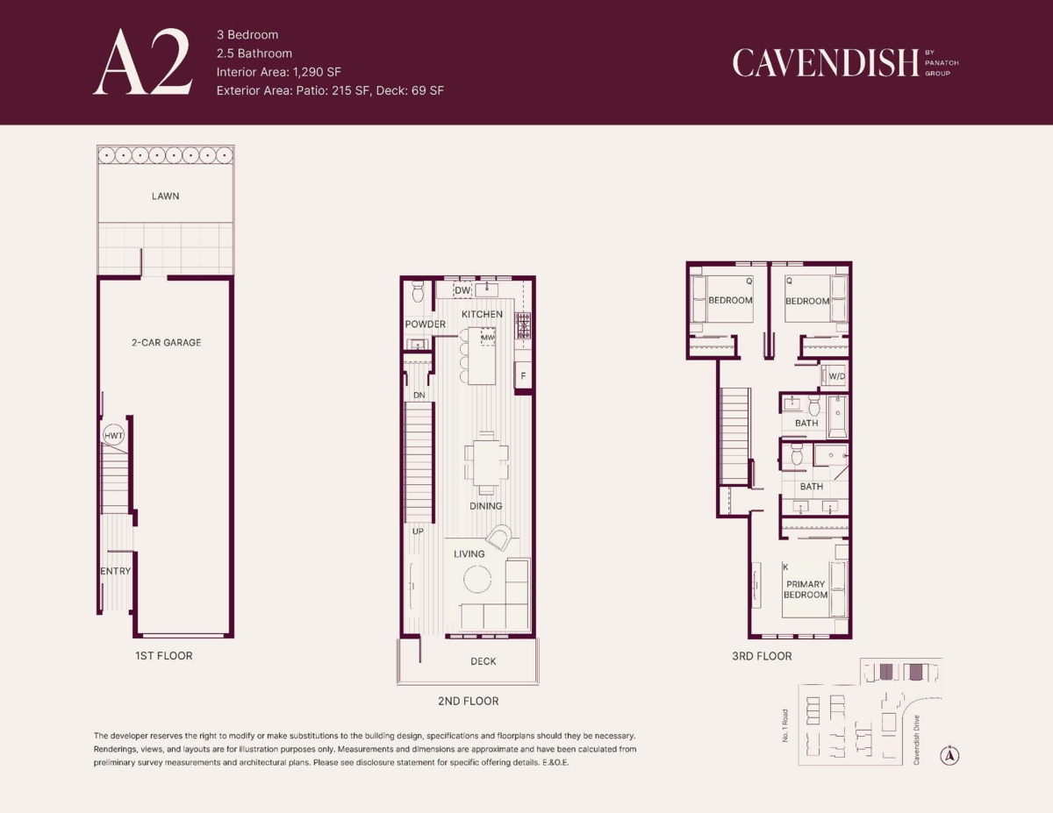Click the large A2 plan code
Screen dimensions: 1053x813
pos(143,62)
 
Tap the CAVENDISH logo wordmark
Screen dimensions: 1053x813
pos(825,63)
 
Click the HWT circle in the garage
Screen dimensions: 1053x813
pos(113,435)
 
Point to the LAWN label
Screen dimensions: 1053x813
pos(165,196)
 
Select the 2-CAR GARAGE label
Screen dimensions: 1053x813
pos(166,343)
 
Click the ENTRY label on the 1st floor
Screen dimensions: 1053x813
pos(115,571)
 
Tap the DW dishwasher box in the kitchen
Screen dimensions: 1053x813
pos(462,290)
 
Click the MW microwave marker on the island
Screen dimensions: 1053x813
pos(488,338)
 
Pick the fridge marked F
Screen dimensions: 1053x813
pos(523,375)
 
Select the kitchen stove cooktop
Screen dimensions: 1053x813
pos(523,325)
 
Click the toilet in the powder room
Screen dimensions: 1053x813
pos(418,291)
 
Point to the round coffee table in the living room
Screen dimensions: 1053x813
pos(477,579)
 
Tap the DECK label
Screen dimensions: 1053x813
pos(484,661)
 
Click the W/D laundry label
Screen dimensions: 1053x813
pos(837,377)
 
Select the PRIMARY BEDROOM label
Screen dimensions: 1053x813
pos(806,589)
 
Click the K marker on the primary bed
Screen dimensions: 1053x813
pos(785,567)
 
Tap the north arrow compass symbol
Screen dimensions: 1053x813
pos(949,755)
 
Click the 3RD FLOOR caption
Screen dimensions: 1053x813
pos(762,656)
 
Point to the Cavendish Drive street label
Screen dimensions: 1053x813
pos(916,740)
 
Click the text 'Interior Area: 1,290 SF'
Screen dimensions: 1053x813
pos(279,72)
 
